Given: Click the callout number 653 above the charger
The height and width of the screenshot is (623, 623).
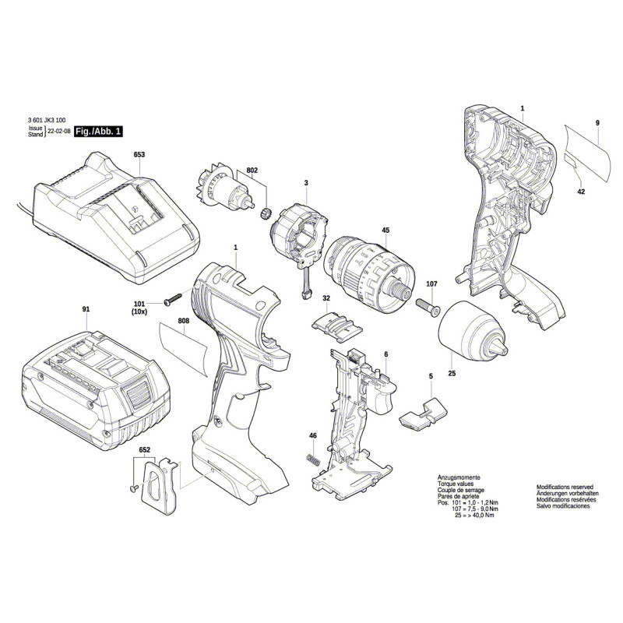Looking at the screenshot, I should pos(139,155).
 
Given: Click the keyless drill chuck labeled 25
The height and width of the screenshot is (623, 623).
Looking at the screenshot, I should pos(471,331).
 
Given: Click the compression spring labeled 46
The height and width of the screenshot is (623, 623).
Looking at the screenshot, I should pos(311,460).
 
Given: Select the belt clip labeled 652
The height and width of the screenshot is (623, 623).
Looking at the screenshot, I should pos(162,484).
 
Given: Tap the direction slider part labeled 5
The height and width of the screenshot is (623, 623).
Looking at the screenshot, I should pos(421,413).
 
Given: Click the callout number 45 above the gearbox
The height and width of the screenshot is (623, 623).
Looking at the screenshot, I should pos(385,231).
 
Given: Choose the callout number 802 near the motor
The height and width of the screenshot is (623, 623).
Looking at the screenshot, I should pos(252,170).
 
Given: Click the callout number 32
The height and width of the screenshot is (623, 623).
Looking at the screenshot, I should pos(326,298).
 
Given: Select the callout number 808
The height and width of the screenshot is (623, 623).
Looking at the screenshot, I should pos(183,320).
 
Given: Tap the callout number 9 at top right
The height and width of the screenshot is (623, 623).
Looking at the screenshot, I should pos(597,124).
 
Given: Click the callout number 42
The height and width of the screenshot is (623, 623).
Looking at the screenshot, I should pos(581,191).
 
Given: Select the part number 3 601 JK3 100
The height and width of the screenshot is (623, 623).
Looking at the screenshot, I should pos(46,121).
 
